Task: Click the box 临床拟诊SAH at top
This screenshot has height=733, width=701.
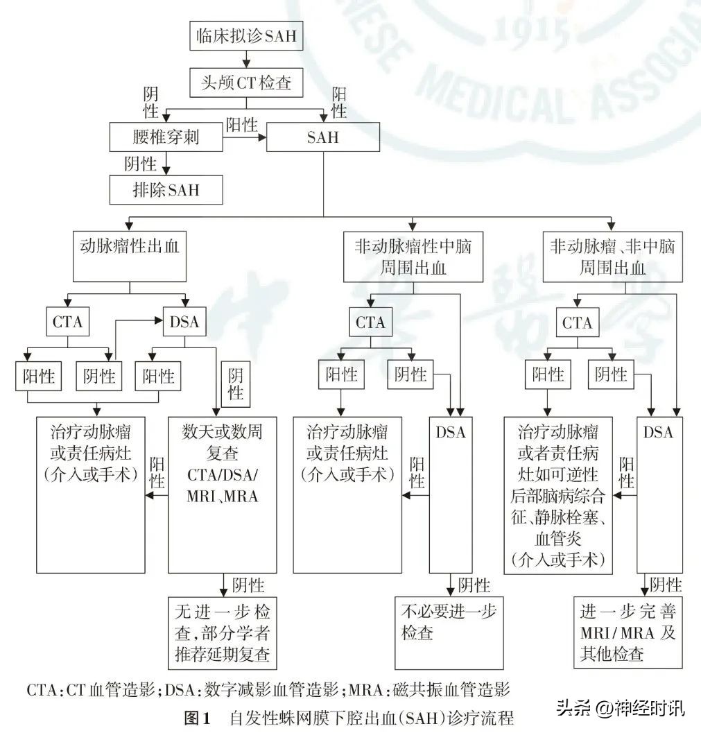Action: (x=246, y=36)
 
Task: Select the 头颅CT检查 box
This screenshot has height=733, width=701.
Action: (x=246, y=83)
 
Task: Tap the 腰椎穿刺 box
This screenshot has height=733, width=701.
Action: (x=166, y=137)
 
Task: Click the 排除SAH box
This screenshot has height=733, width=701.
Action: (x=166, y=189)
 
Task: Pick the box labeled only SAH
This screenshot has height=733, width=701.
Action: (x=323, y=137)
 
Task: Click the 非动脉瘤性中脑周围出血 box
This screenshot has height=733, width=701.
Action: (x=413, y=257)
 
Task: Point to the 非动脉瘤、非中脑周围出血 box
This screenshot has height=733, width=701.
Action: (x=612, y=257)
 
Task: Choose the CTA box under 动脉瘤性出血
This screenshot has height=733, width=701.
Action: (x=68, y=322)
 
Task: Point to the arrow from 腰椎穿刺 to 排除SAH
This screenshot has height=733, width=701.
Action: (x=166, y=164)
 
